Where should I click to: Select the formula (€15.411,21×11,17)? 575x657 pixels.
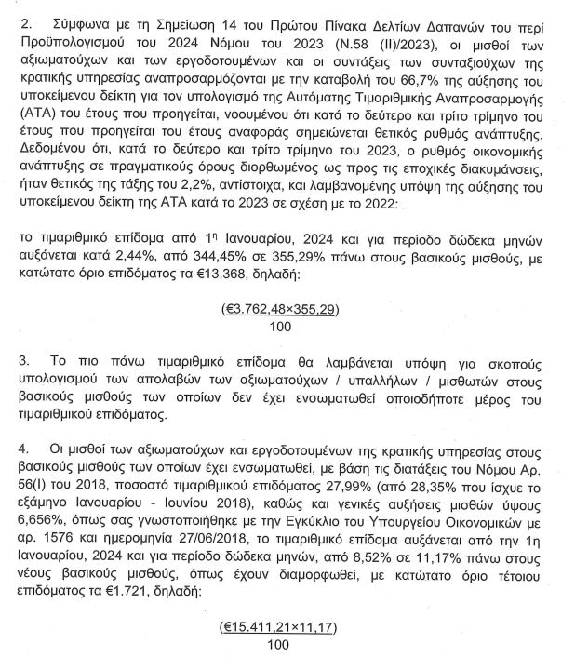(x=278, y=628)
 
